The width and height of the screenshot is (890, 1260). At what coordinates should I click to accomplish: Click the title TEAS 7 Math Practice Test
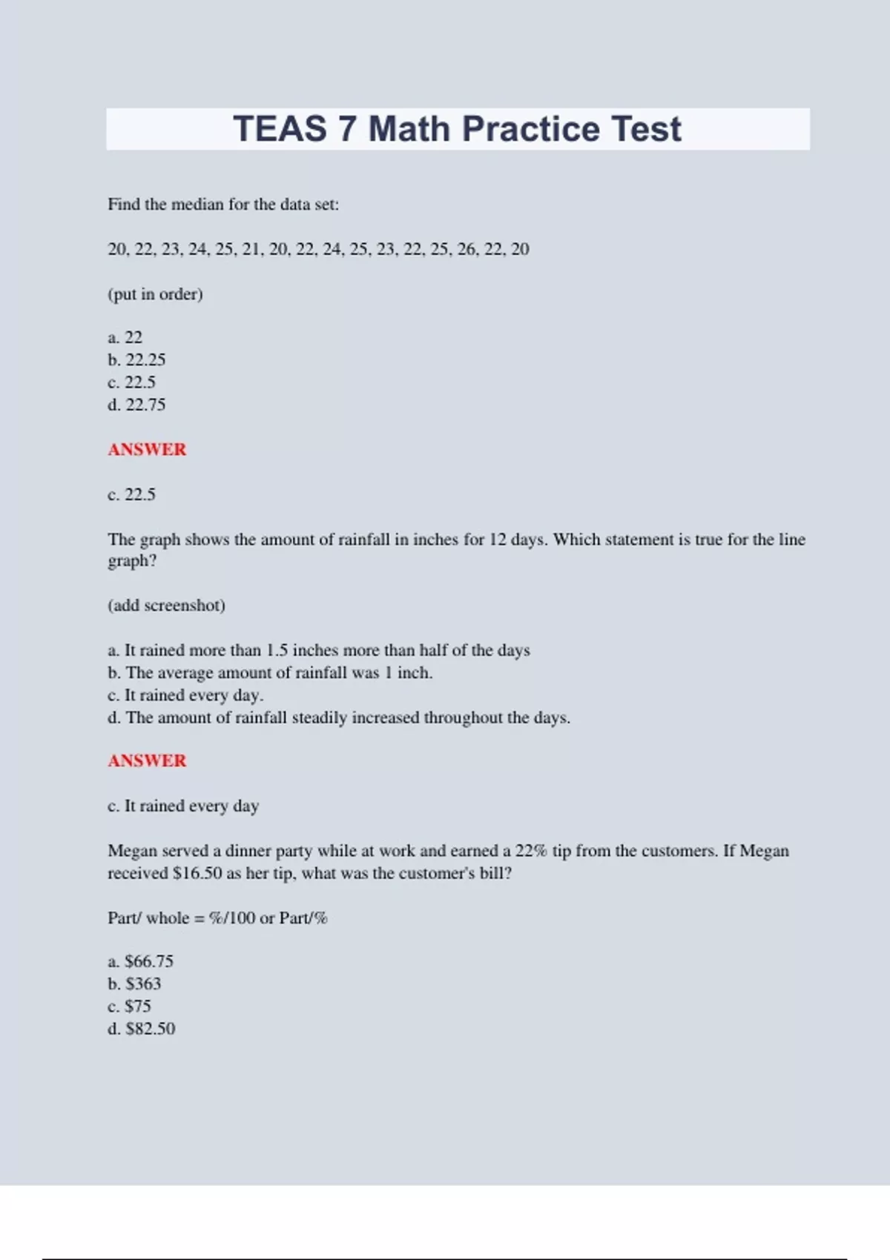click(457, 129)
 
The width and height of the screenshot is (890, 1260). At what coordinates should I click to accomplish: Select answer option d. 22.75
click(136, 405)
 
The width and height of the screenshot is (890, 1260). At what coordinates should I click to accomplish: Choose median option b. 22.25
click(136, 360)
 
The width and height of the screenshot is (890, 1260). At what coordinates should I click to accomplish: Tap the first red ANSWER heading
click(147, 449)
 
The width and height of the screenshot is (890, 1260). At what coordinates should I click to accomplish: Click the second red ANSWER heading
click(147, 760)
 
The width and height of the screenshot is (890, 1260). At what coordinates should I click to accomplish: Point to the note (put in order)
click(155, 294)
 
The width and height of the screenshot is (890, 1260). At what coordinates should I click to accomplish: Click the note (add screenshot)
click(166, 606)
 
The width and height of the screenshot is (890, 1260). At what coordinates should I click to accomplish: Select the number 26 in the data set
click(467, 249)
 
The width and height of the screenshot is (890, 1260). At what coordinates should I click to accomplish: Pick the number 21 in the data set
click(251, 249)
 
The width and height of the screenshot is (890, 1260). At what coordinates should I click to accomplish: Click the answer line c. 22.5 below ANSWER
click(131, 494)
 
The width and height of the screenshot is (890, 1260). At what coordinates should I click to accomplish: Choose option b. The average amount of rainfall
click(270, 673)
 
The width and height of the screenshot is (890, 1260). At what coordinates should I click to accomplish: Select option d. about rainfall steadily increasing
click(339, 717)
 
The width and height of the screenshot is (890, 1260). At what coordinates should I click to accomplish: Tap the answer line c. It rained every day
click(183, 806)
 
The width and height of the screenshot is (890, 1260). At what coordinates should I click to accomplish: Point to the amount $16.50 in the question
click(197, 873)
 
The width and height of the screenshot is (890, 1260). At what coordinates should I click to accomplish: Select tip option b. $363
click(134, 984)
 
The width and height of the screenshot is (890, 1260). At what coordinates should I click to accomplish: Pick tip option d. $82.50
click(142, 1029)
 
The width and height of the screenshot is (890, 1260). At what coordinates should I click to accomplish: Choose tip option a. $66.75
click(140, 961)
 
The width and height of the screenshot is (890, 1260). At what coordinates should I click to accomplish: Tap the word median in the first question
click(197, 205)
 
